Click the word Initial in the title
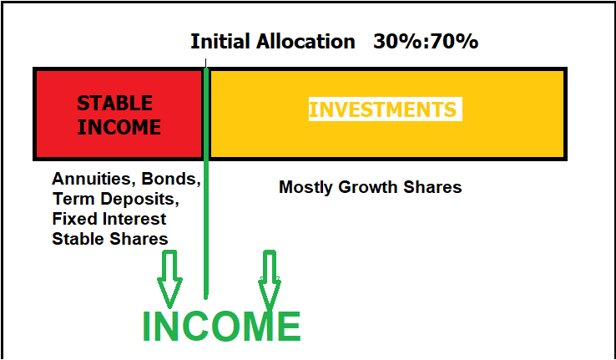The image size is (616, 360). click(x=220, y=41)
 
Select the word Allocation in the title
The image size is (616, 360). click(x=305, y=41)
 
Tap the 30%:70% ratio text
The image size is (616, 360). click(x=426, y=41)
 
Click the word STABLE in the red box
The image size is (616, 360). click(x=114, y=103)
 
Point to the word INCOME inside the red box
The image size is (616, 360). click(x=119, y=127)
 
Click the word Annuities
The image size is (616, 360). click(x=93, y=180)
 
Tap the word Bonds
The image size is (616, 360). click(x=171, y=180)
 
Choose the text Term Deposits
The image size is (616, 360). click(x=115, y=199)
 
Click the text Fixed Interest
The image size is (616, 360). click(x=109, y=219)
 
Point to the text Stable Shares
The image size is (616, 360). click(x=110, y=239)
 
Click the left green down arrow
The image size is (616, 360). click(x=169, y=279)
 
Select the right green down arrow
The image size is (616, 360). click(x=270, y=280)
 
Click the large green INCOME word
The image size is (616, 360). click(x=221, y=326)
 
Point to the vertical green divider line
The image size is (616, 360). click(x=206, y=184)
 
